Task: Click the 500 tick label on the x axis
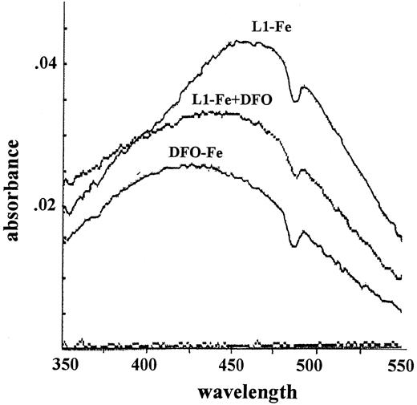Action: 316,365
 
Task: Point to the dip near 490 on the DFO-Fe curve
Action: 294,246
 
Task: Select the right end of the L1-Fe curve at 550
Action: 401,238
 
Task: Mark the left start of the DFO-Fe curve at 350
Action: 63,240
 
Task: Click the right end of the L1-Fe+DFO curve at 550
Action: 401,278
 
